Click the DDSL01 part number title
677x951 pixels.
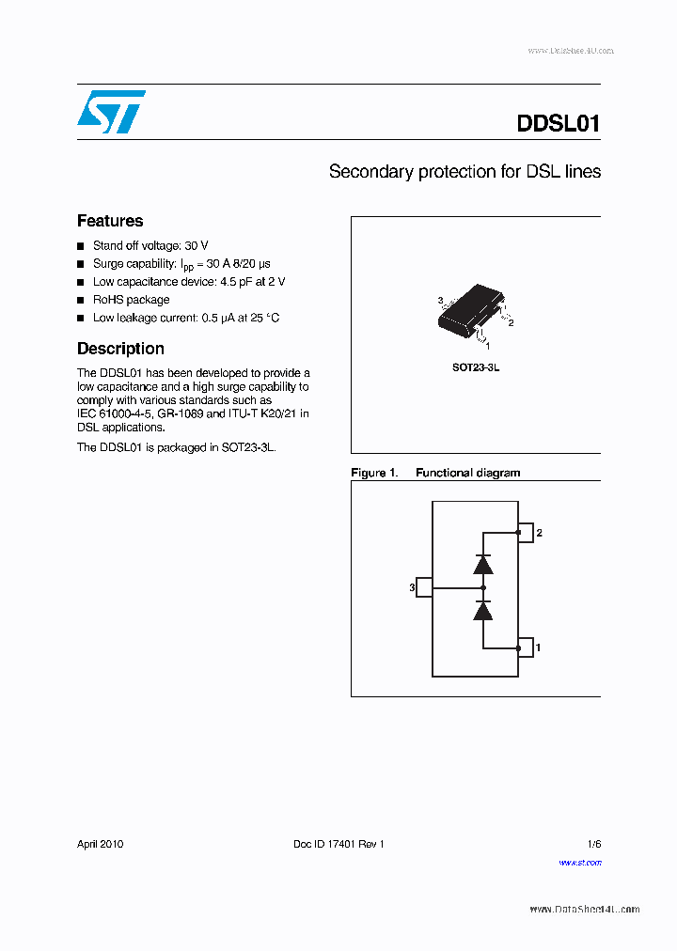point(558,123)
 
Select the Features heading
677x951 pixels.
point(110,221)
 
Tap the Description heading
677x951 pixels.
point(120,349)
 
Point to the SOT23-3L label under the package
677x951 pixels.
point(476,367)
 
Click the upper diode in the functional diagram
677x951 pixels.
point(483,564)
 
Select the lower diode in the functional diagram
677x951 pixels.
point(483,612)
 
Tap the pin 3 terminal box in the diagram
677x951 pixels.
point(424,587)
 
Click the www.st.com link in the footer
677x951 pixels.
point(579,862)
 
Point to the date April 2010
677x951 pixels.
point(100,844)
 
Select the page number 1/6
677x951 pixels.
point(593,844)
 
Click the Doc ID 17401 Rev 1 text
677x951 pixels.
point(338,844)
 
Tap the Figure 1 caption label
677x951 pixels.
point(373,473)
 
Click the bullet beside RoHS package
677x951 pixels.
point(80,301)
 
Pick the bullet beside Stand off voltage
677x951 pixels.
point(80,246)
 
